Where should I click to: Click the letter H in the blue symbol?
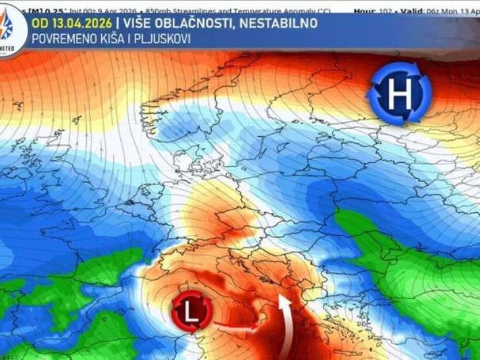399,95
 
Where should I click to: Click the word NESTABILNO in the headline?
278,24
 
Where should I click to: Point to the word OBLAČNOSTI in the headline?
195,24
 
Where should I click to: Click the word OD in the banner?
39,24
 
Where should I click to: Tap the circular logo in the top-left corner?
11,30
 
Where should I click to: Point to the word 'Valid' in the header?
412,11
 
